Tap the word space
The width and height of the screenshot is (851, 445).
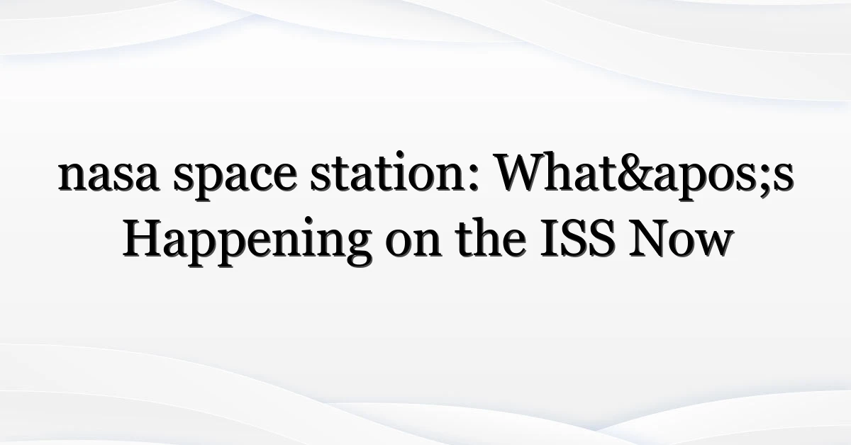pyautogui.click(x=235, y=179)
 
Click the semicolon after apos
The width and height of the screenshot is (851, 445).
pyautogui.click(x=767, y=179)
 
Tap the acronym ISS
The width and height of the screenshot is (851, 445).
pyautogui.click(x=578, y=239)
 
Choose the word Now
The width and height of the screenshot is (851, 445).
pyautogui.click(x=681, y=239)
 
